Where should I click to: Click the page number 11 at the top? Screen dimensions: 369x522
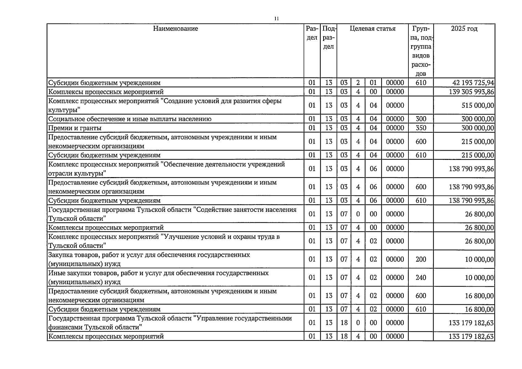click(x=276, y=19)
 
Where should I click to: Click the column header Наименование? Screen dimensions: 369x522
click(x=175, y=29)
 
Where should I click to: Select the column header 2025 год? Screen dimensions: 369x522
click(x=464, y=29)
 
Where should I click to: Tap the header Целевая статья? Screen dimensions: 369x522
click(x=372, y=29)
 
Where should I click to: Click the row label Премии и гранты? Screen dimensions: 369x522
click(x=75, y=128)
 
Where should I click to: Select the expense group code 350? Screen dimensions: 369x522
click(x=421, y=128)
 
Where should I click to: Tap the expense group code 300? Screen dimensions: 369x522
click(x=421, y=119)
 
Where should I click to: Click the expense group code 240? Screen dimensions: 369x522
click(x=421, y=277)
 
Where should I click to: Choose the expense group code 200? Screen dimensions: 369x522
click(x=421, y=259)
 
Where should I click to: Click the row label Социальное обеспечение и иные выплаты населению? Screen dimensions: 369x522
click(x=130, y=119)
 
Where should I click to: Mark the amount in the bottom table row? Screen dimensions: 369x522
click(x=471, y=336)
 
